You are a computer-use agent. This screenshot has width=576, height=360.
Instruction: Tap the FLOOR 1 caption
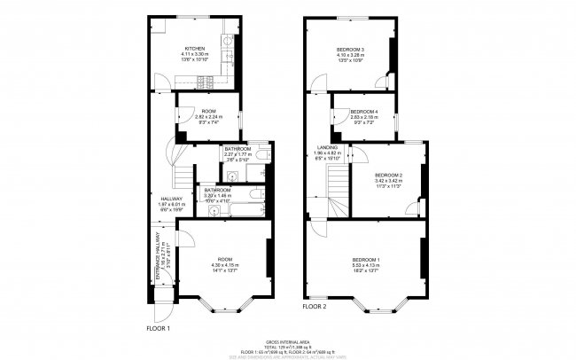158,328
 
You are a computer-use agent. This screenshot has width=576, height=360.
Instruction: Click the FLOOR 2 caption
315,307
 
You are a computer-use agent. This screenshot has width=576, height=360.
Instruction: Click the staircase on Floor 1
182,176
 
